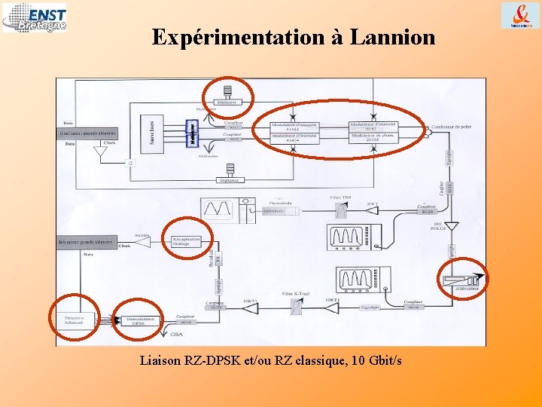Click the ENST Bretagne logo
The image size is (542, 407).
pyautogui.click(x=34, y=17)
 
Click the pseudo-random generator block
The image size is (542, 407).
pyautogui.click(x=88, y=133)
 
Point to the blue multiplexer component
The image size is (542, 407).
pyautogui.click(x=192, y=134)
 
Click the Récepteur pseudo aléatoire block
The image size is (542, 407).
pyautogui.click(x=87, y=243)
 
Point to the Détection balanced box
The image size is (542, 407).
pyautogui.click(x=74, y=320)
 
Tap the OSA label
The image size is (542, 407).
pyautogui.click(x=176, y=334)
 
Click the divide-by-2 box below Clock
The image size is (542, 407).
pyautogui.click(x=132, y=162)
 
